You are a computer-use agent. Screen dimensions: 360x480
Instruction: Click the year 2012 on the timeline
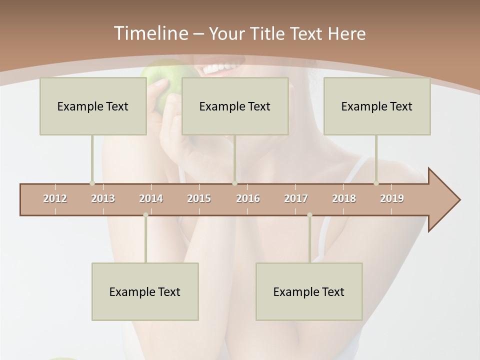[x=55, y=198]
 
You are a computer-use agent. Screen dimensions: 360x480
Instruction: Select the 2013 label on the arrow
[x=103, y=198]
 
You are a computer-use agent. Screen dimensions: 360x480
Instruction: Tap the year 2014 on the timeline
[x=151, y=198]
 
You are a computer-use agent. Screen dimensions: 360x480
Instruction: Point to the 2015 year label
[x=199, y=198]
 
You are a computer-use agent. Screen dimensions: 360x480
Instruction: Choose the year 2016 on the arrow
[x=248, y=198]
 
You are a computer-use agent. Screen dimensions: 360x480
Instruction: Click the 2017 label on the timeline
[x=296, y=198]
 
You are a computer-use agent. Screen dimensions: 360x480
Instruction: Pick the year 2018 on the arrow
[x=344, y=198]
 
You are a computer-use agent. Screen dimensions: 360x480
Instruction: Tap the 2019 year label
[x=392, y=198]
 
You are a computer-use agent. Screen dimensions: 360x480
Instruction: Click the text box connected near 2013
[x=92, y=106]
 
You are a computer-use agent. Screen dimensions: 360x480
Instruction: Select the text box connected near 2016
[x=234, y=106]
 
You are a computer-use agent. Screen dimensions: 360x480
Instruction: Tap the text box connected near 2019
[x=376, y=106]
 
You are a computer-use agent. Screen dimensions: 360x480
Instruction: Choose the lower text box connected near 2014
[x=145, y=291]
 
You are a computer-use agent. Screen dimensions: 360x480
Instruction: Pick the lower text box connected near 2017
[x=309, y=291]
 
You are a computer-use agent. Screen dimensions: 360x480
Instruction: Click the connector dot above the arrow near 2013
[x=92, y=183]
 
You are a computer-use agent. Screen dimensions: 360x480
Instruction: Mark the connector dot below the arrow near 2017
[x=309, y=215]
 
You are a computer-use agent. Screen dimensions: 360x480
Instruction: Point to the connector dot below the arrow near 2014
[x=145, y=215]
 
